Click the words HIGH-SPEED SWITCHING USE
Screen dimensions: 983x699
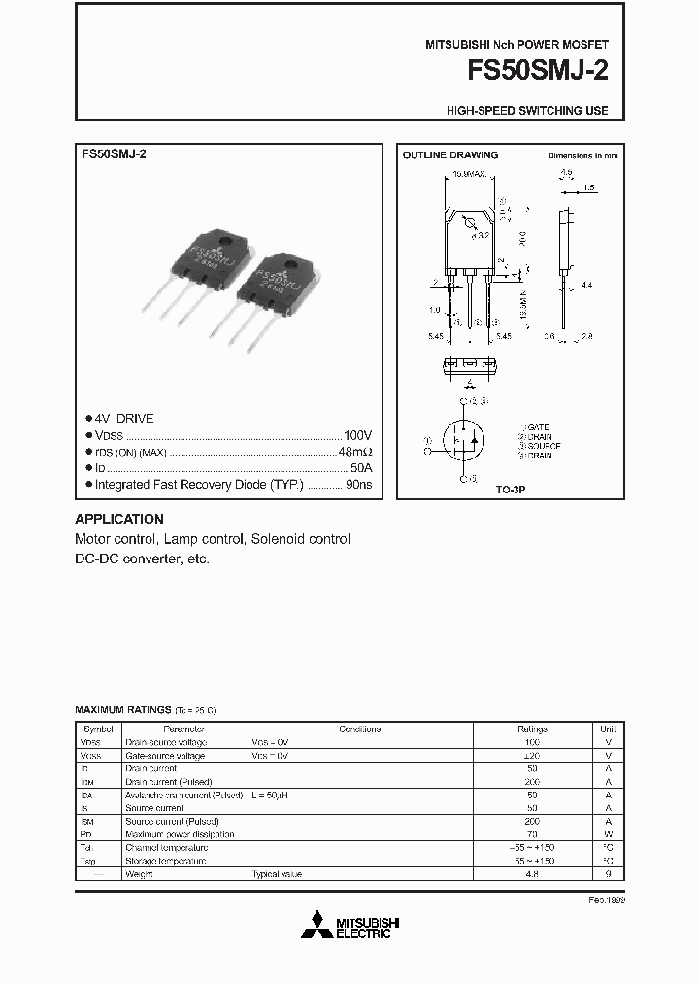coord(527,111)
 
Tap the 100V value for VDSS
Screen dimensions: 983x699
coord(357,436)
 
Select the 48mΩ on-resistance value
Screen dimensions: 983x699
coord(355,453)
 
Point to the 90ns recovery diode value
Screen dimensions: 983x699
coord(358,484)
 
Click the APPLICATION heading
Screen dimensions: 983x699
coord(119,519)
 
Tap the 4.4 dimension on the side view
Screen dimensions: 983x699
coord(587,286)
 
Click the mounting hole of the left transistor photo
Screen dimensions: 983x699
coord(224,241)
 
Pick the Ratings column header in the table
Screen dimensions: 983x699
coord(532,729)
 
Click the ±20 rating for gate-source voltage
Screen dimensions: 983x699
coord(532,755)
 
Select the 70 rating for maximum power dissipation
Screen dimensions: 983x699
coord(532,834)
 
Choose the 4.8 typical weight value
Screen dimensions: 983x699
coord(532,874)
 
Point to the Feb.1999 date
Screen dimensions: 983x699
coord(607,901)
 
